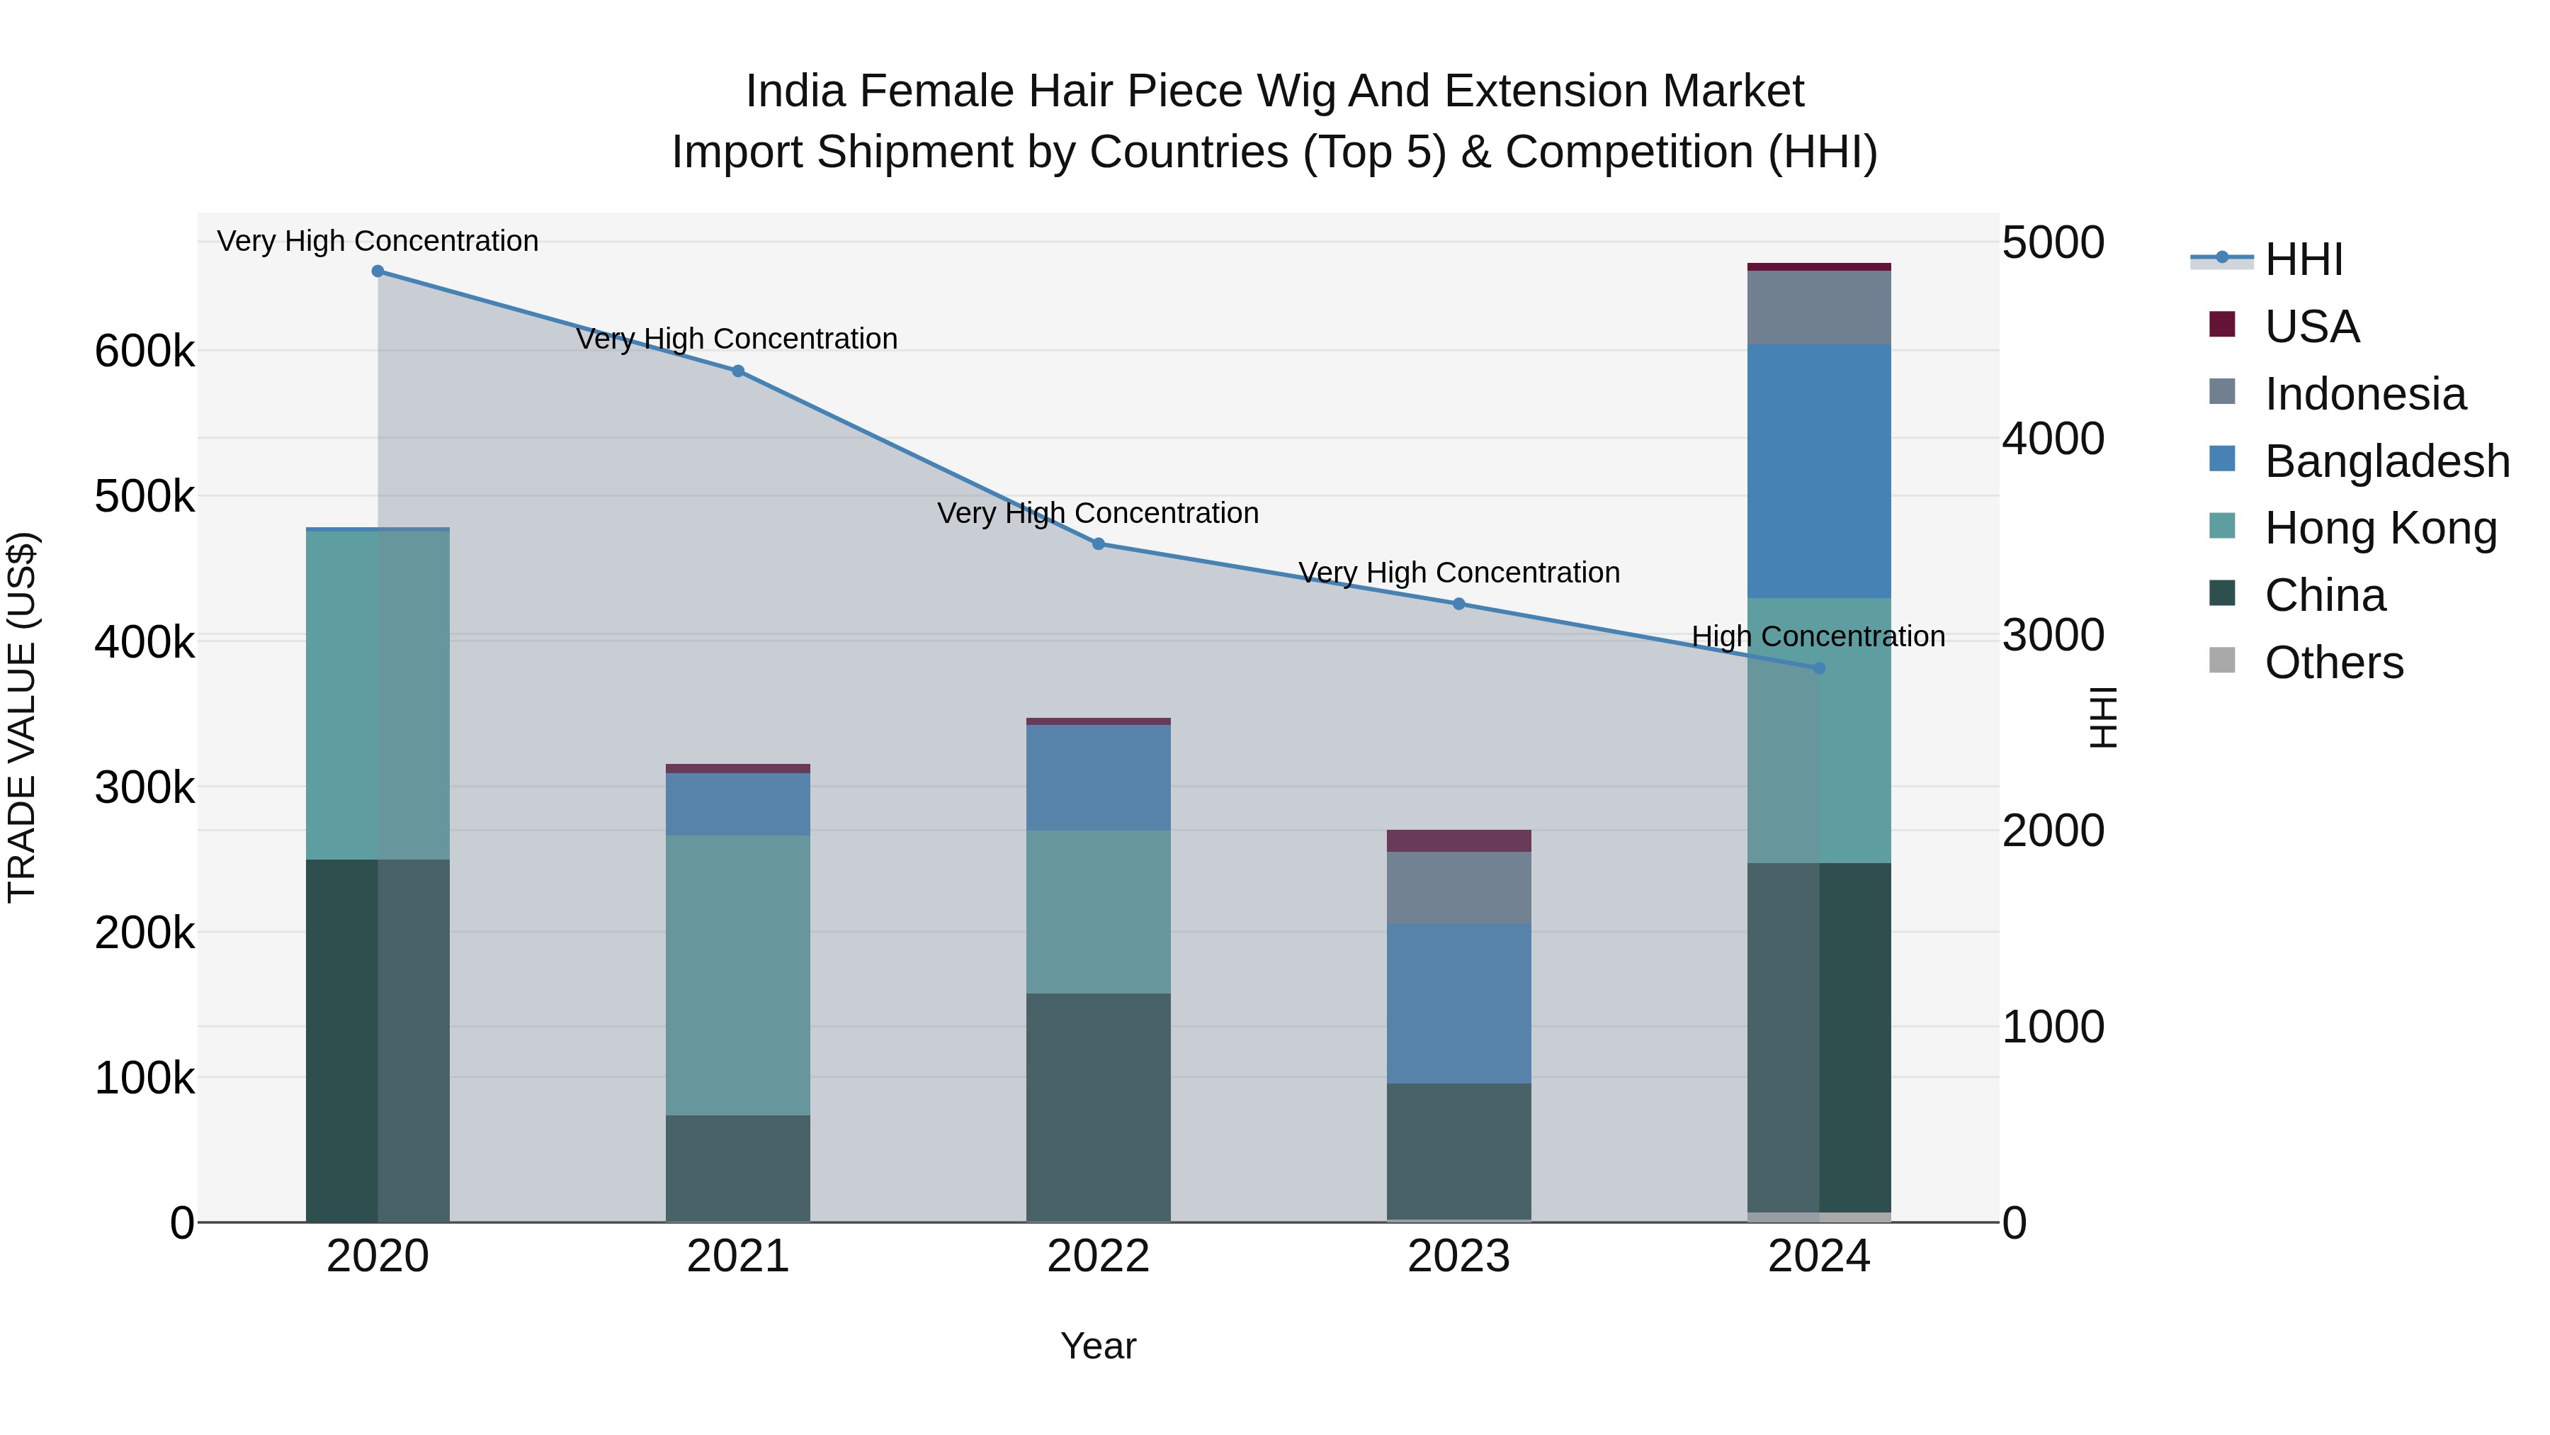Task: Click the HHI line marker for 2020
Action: (x=377, y=271)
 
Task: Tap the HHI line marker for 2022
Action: (x=1098, y=544)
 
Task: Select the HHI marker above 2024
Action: (x=1818, y=668)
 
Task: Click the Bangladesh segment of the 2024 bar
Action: (x=1818, y=471)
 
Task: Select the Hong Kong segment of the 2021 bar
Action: (x=737, y=976)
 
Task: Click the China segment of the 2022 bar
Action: (x=1098, y=1107)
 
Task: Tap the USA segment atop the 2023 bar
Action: (x=1458, y=840)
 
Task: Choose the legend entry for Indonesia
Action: (x=2365, y=394)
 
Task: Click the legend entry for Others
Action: (x=2333, y=663)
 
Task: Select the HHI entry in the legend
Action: (x=2303, y=259)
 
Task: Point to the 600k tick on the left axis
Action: (x=144, y=351)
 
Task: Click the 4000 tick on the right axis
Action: (x=2053, y=439)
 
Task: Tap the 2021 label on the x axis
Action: (x=737, y=1256)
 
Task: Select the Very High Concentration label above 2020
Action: (x=377, y=241)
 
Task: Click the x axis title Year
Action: (x=1098, y=1346)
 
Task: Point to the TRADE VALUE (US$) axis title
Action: (x=22, y=717)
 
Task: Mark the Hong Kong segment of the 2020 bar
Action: (x=377, y=695)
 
